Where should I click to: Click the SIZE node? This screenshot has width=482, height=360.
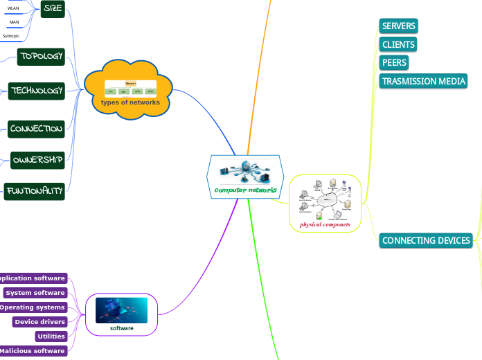pyautogui.click(x=53, y=8)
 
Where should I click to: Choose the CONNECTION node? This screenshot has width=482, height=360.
pyautogui.click(x=36, y=129)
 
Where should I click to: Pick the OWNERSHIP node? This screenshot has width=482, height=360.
pyautogui.click(x=37, y=161)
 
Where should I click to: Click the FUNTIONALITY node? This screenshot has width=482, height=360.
pyautogui.click(x=34, y=191)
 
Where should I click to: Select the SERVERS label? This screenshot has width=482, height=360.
pyautogui.click(x=399, y=26)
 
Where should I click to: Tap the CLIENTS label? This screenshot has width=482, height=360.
pyautogui.click(x=398, y=44)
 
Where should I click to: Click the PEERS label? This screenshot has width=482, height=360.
pyautogui.click(x=394, y=62)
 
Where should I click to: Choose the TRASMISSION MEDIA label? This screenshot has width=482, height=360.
pyautogui.click(x=423, y=81)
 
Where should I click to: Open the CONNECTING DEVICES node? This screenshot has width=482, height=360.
pyautogui.click(x=426, y=241)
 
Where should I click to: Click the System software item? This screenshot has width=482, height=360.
pyautogui.click(x=35, y=293)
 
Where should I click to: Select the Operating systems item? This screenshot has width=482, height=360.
pyautogui.click(x=33, y=307)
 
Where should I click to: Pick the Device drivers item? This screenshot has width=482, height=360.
pyautogui.click(x=39, y=322)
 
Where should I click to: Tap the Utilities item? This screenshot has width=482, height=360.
pyautogui.click(x=51, y=336)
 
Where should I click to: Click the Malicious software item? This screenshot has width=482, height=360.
pyautogui.click(x=33, y=351)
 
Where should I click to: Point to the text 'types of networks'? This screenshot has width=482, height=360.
pyautogui.click(x=130, y=102)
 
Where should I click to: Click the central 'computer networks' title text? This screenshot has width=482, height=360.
pyautogui.click(x=245, y=190)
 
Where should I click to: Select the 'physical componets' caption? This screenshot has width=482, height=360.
pyautogui.click(x=325, y=225)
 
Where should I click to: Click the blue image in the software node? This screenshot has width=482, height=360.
pyautogui.click(x=121, y=310)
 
